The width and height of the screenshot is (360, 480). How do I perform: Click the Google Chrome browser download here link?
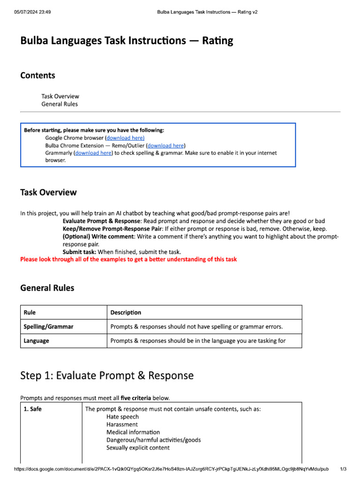click(126, 138)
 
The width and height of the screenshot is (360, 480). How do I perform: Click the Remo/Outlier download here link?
click(166, 145)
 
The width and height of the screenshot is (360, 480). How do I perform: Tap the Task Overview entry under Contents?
click(60, 96)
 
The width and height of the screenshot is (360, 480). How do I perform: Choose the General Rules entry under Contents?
click(60, 104)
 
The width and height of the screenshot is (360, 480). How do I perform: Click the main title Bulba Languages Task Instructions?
click(127, 41)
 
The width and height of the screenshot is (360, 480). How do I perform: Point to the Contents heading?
click(37, 75)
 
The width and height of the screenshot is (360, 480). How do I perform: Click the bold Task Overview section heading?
click(48, 193)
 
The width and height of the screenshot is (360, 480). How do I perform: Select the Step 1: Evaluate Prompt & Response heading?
click(107, 375)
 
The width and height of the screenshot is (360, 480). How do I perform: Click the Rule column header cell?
click(30, 312)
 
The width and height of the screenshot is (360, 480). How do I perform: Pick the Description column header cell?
click(126, 312)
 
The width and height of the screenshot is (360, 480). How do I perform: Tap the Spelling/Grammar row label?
click(48, 326)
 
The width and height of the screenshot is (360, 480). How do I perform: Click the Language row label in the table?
click(36, 341)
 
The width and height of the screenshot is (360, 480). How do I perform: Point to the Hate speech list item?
click(122, 417)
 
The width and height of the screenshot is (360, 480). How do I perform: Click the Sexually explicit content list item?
click(138, 448)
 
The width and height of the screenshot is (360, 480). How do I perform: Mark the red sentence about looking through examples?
click(128, 259)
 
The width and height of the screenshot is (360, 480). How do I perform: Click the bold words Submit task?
click(79, 252)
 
